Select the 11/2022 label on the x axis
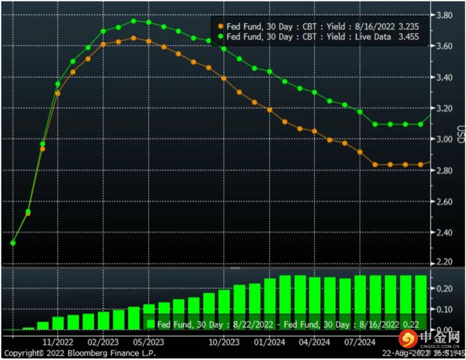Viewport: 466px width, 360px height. (59, 342)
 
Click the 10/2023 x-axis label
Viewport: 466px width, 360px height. (224, 342)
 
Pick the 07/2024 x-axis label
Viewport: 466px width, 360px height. (360, 342)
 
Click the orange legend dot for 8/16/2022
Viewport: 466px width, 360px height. (220, 27)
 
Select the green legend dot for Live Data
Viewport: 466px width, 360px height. (220, 37)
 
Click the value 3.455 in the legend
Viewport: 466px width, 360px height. (409, 37)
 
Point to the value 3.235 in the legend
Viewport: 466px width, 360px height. (409, 27)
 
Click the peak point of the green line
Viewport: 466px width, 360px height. (133, 21)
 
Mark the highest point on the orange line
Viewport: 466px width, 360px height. (133, 38)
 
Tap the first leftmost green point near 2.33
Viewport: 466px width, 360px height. (13, 243)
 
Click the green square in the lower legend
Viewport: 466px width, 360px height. (151, 324)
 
